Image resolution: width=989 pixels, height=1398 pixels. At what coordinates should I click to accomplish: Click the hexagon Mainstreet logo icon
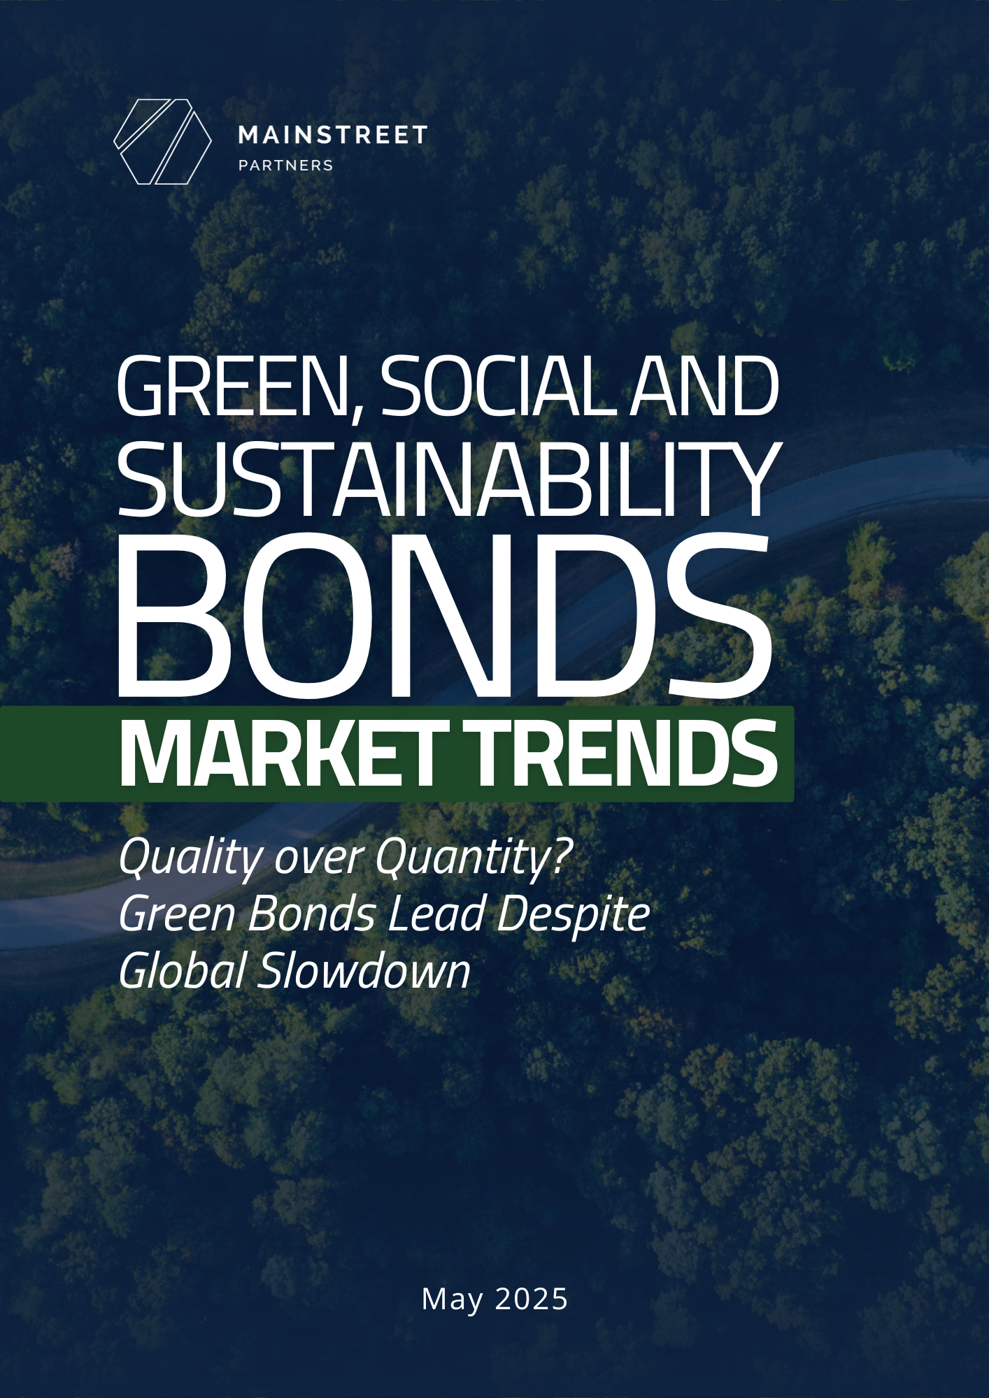pos(162,142)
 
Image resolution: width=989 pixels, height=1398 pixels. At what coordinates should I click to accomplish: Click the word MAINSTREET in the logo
pos(332,135)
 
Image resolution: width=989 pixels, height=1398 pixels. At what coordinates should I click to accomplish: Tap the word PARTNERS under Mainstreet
pos(285,166)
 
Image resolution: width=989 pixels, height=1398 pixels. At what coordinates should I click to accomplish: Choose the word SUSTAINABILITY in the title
pos(448,480)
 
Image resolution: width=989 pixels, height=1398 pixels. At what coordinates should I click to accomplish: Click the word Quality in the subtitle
pos(191,859)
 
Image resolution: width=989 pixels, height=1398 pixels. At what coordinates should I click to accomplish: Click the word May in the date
pos(453,1300)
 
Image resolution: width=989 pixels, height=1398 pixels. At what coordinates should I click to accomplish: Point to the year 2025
pos(532,1299)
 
